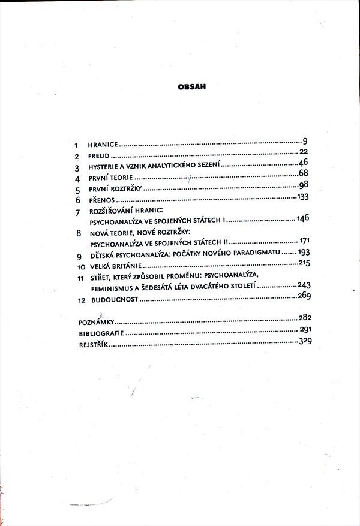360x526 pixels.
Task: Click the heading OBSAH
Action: [192, 86]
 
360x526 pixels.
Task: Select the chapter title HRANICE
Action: [103, 145]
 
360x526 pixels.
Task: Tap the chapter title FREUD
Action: [98, 156]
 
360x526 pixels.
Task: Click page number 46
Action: [302, 163]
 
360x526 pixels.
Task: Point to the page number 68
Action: [303, 174]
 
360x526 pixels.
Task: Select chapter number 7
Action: [77, 214]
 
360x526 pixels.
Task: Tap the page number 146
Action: [302, 218]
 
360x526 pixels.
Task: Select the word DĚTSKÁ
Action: [102, 255]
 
